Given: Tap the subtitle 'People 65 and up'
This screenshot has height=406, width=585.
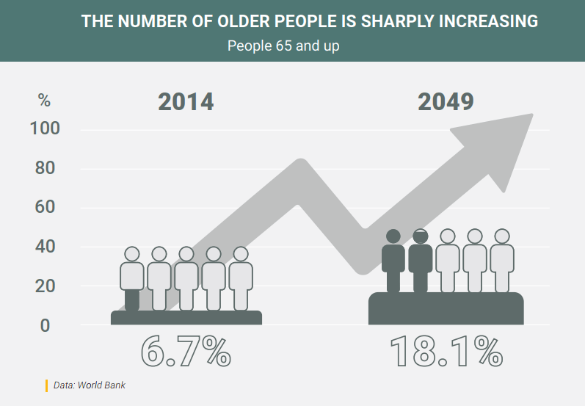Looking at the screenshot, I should pos(283,46).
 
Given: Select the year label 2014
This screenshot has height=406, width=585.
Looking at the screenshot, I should pos(186,102).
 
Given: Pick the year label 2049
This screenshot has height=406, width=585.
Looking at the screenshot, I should pos(446,102).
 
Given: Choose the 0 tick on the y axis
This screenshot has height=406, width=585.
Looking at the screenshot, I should pos(45,325).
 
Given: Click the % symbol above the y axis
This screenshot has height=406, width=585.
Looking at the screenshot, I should pos(45,101).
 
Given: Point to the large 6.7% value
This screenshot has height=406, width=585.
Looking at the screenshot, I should pos(186,351).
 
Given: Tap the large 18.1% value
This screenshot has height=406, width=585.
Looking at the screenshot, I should pos(446,351).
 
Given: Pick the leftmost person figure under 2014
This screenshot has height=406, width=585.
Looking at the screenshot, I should pos(132,278).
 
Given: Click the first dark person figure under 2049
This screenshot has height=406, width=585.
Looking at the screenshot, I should pos(393,261).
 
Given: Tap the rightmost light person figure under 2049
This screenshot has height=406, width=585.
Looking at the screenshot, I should pos(502,261).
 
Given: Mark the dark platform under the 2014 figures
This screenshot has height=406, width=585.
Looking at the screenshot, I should pos(186,317).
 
